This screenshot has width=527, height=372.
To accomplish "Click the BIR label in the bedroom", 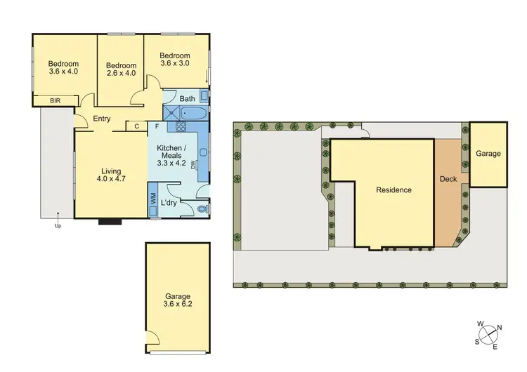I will pos(55,101).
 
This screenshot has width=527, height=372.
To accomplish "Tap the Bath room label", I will pos(187,99).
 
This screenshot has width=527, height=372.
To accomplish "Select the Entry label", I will pos(102,119).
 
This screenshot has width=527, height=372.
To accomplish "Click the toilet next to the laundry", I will pos(202,208).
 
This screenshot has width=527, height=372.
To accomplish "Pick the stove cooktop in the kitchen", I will pos(180,127).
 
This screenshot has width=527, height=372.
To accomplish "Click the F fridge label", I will pos(157,126).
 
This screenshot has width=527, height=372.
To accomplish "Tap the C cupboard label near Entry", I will pos(136,126).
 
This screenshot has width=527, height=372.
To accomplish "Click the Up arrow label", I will pos(58,226).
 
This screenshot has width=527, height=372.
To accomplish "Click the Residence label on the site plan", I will pos(393,190).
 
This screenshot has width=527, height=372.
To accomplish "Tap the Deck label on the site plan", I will pos(448,179).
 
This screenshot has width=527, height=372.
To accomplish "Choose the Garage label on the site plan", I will pos(488,154).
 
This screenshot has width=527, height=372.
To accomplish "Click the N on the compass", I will pos(500,327).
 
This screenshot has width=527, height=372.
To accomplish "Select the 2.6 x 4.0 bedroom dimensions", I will pos(120,72).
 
